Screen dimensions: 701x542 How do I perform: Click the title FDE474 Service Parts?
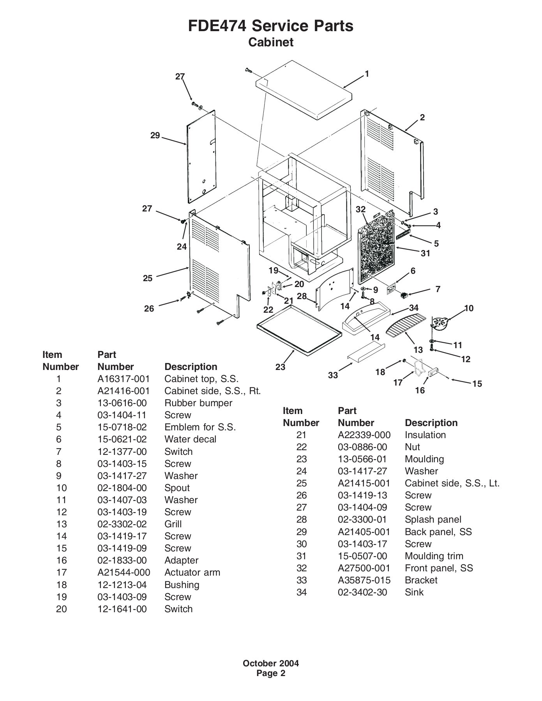click(271, 26)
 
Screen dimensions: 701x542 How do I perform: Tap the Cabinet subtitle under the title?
click(271, 42)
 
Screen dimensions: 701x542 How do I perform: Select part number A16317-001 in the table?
click(124, 379)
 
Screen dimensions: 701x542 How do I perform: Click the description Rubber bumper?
click(198, 403)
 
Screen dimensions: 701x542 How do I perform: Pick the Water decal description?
click(190, 439)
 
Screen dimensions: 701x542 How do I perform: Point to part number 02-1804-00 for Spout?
click(122, 488)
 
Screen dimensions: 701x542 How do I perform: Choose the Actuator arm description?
click(192, 572)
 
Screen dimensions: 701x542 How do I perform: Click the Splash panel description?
click(433, 519)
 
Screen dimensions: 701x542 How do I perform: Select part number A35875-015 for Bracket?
click(364, 580)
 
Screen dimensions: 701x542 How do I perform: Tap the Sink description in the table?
click(414, 592)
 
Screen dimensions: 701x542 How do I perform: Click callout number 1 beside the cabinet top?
click(367, 74)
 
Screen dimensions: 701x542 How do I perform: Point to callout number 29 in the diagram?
click(155, 136)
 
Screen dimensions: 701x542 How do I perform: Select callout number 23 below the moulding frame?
click(281, 367)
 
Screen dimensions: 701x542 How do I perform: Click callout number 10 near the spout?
click(469, 308)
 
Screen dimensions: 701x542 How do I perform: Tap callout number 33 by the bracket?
click(333, 375)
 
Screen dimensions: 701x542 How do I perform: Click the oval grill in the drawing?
click(406, 324)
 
